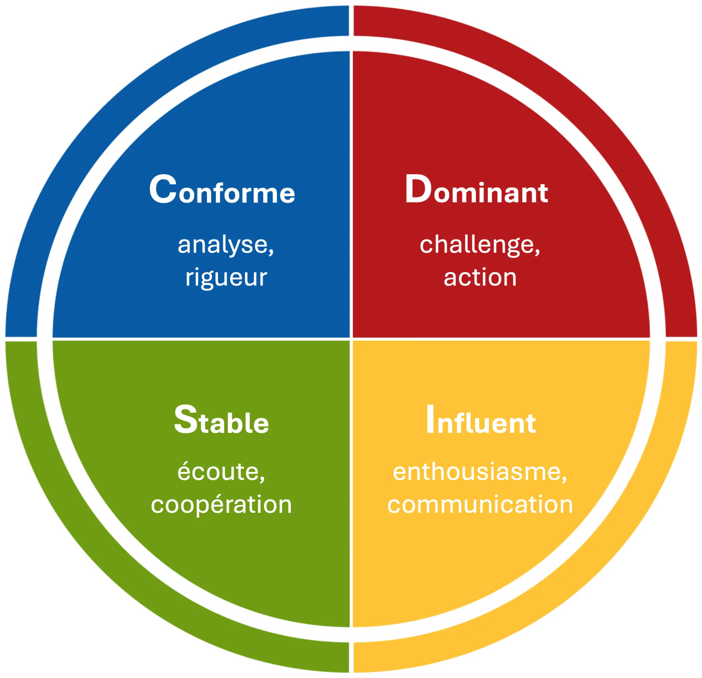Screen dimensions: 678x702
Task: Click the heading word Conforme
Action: [x=222, y=190]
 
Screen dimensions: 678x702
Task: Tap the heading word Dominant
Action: [x=476, y=190]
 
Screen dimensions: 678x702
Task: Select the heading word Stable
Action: [x=222, y=421]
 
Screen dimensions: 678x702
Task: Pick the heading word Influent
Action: [x=481, y=421]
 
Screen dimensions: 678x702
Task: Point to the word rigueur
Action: [x=226, y=277]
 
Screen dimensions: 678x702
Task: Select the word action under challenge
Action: [x=480, y=277]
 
